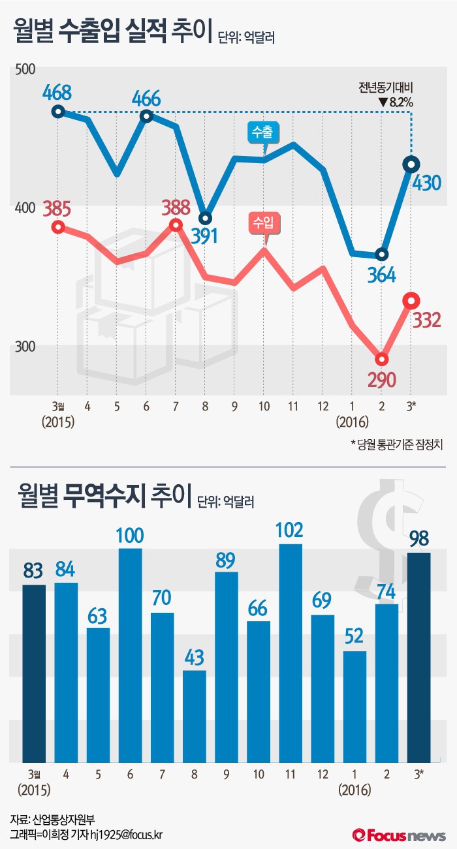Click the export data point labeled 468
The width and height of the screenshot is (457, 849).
[x=58, y=111]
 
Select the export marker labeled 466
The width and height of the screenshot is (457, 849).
[x=146, y=116]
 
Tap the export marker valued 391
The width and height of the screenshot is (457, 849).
[x=206, y=218]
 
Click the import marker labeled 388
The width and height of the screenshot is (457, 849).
[x=176, y=224]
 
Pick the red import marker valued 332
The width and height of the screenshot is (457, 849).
[x=411, y=301]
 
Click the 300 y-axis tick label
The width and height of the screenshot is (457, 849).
[x=24, y=346]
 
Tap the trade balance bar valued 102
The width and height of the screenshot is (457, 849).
[x=291, y=653]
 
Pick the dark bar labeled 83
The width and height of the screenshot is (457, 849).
[x=34, y=673]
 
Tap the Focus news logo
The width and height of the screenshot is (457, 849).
[x=399, y=835]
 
